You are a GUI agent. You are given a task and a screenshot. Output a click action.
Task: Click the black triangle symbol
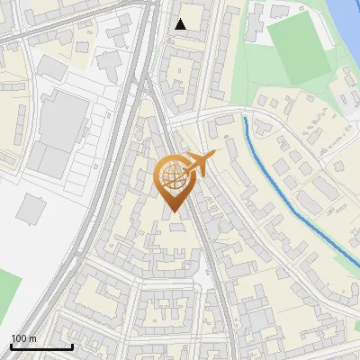[180, 24]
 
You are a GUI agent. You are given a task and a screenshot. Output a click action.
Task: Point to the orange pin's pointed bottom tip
[171, 213]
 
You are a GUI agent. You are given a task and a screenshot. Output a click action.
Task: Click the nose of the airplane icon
[214, 155]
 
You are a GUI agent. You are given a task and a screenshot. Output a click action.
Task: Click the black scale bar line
[41, 347]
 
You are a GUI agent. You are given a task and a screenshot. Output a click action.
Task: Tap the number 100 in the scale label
[19, 338]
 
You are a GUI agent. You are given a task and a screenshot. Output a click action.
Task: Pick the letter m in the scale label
[32, 338]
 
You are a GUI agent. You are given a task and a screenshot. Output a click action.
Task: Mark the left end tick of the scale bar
[11, 346]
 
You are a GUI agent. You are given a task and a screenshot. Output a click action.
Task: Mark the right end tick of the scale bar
[72, 346]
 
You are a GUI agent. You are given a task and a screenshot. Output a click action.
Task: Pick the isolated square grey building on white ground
[31, 209]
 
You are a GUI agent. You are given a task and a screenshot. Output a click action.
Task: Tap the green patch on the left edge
[7, 292]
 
